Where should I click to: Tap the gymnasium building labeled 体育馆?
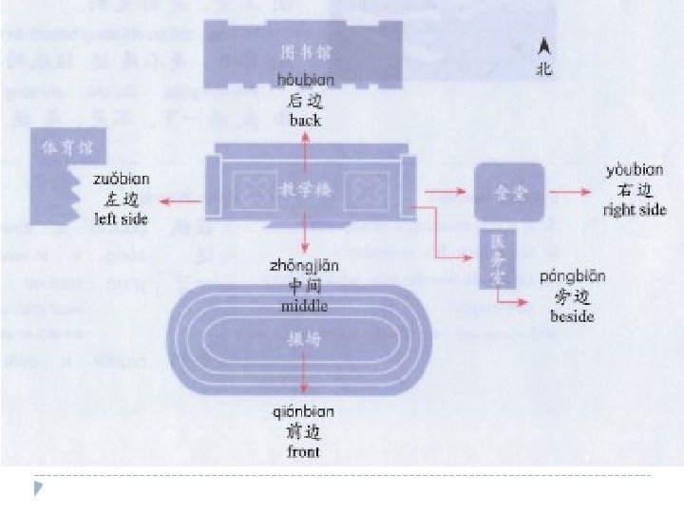coord(57,171)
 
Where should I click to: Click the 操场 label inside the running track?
coord(300,338)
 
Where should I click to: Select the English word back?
coord(305,121)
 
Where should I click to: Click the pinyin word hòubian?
coord(305,81)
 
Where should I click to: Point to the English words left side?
coord(122,218)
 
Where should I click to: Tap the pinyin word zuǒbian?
coord(122,179)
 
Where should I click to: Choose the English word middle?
coord(304,306)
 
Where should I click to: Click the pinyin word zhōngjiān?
coord(304,266)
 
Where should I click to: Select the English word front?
coord(303,451)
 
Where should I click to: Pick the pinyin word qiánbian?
coord(303,412)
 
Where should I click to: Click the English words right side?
coord(635,210)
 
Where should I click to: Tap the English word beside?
coord(572,316)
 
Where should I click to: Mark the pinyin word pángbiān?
coord(572,276)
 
